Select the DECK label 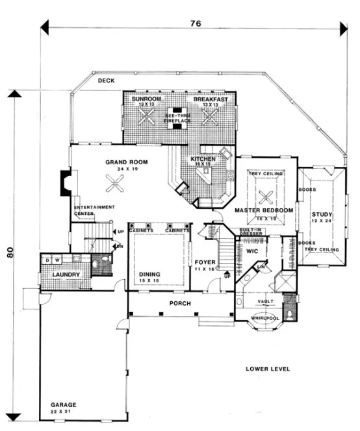107,80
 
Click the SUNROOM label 146,100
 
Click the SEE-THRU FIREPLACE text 177,117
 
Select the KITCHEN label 203,158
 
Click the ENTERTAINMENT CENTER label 94,210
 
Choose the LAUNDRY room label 66,275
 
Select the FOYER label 205,262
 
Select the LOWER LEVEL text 267,369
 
